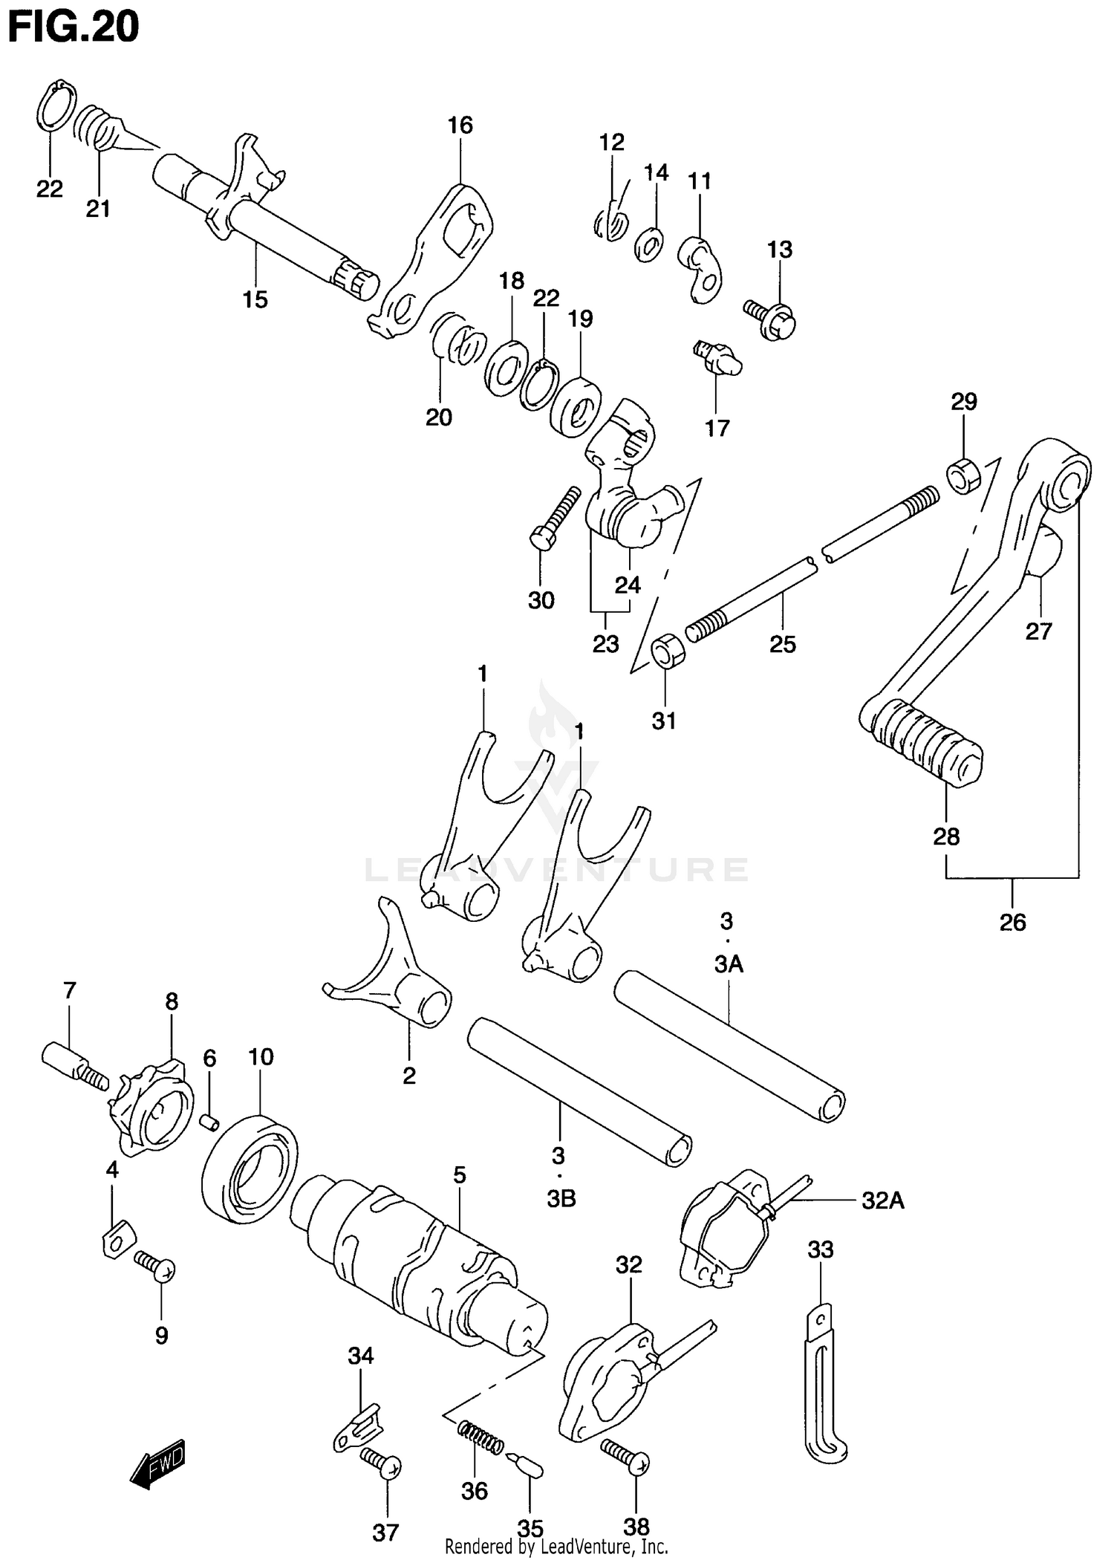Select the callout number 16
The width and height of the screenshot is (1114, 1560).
(x=460, y=125)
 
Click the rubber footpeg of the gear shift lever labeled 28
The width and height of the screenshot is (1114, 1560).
(x=921, y=742)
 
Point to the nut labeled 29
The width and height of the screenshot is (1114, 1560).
(x=963, y=475)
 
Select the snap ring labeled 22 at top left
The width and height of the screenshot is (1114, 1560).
(x=56, y=108)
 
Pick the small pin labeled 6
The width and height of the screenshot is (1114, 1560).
(x=210, y=1119)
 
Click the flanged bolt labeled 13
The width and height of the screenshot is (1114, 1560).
(x=771, y=317)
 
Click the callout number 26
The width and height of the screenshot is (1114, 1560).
(x=1012, y=922)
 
